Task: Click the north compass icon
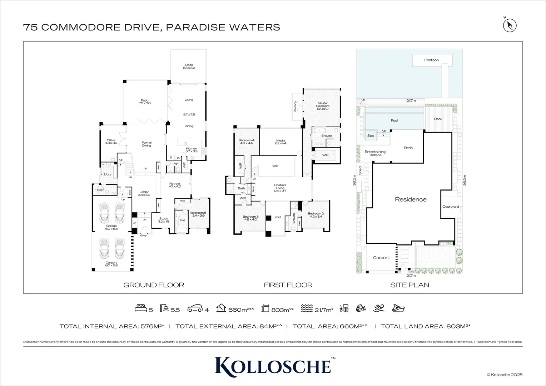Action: coord(510,25)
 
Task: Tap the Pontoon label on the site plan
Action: coord(431,60)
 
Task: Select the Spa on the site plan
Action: coord(370,136)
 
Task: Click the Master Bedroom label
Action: coord(322,106)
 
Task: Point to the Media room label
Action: coord(281,142)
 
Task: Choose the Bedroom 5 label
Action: coord(198,214)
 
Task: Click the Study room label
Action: coord(163,220)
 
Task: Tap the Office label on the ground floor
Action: coord(111,142)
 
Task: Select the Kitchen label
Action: coord(191,150)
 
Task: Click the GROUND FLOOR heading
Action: coord(154,285)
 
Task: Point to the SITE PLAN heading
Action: coord(409,285)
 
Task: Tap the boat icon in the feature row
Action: coord(398,308)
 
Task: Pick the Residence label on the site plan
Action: coord(411,199)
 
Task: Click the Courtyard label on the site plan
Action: coord(450,207)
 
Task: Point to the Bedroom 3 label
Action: coord(250,218)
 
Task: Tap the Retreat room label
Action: coord(175,185)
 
